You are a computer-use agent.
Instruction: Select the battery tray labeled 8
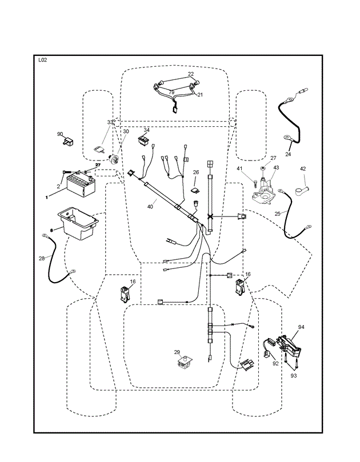tap(78, 223)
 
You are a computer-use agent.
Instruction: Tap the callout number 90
tap(60, 134)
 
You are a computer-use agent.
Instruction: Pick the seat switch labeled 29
tap(185, 363)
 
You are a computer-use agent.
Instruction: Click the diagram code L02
tap(43, 60)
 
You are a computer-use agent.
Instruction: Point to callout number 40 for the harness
tap(150, 207)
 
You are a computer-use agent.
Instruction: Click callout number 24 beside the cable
tap(288, 154)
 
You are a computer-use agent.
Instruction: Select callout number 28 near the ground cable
tap(42, 258)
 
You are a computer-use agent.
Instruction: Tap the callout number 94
tap(301, 327)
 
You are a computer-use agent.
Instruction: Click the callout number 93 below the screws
tap(294, 376)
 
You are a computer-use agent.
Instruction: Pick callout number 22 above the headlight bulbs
tap(191, 74)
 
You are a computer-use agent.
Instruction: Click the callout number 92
tap(275, 364)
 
